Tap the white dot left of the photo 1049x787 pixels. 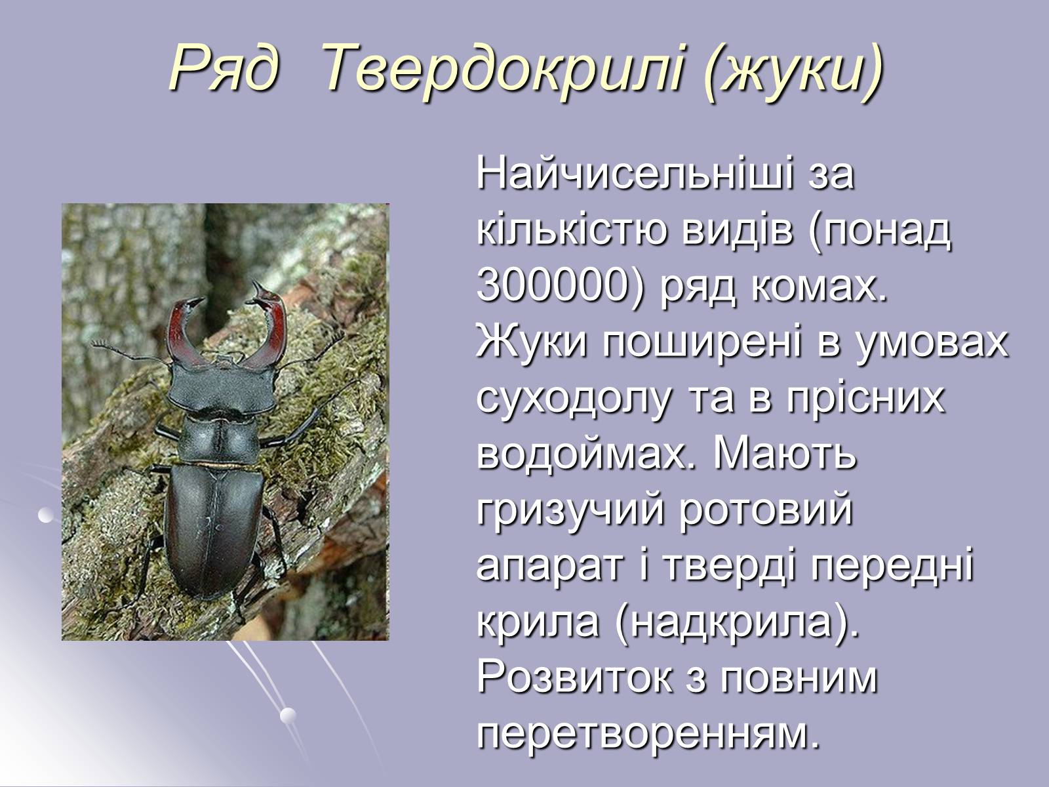[x=45, y=515]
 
